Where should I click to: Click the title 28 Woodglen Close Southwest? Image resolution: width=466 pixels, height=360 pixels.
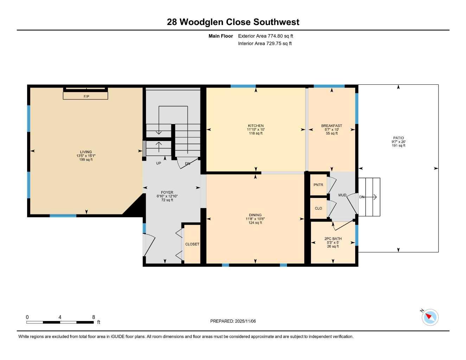[x=233, y=22]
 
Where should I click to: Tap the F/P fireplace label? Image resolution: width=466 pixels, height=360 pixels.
[x=86, y=96]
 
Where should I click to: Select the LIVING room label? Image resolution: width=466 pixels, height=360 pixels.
[x=86, y=152]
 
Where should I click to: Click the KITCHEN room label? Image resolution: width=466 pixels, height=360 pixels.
[x=256, y=126]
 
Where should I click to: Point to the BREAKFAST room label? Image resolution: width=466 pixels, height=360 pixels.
[x=331, y=126]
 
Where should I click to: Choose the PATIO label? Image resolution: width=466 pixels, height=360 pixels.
[x=398, y=138]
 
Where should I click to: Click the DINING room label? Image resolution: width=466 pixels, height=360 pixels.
[x=255, y=215]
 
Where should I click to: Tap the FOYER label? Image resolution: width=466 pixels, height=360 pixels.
[x=167, y=193]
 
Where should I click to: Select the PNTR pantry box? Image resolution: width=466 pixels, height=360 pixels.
[x=318, y=185]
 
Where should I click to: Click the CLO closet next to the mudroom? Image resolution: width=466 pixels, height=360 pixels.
[x=318, y=208]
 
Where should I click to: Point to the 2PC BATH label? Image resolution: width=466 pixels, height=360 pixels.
[x=333, y=239]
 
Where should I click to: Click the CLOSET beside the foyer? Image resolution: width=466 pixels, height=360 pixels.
[x=192, y=244]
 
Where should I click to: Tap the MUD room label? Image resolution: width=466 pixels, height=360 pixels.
[x=342, y=195]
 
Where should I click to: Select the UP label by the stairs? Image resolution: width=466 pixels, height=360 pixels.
[x=159, y=163]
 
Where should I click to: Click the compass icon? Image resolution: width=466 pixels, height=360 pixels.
[x=430, y=317]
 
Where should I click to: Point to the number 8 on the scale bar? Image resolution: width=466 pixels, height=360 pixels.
[x=94, y=317]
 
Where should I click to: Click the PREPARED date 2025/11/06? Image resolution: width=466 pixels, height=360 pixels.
[x=233, y=321]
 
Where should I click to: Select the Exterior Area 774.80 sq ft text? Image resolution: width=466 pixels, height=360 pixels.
[x=266, y=36]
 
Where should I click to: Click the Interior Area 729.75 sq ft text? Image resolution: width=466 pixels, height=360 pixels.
[x=265, y=44]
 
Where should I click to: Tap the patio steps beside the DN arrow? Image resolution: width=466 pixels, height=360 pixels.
[x=369, y=197]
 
